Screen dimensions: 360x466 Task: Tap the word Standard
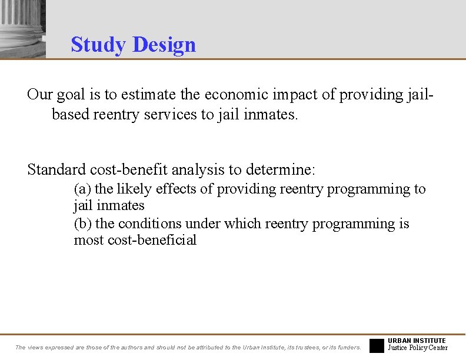[x=56, y=170]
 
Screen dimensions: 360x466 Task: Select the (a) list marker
[x=82, y=189]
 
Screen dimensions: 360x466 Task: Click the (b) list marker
[x=82, y=224]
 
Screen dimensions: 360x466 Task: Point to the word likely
[x=132, y=189]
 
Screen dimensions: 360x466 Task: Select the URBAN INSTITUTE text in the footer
[x=417, y=341]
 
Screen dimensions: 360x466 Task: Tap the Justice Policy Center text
[x=418, y=348]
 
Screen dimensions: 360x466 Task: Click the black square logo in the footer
[x=377, y=345]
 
